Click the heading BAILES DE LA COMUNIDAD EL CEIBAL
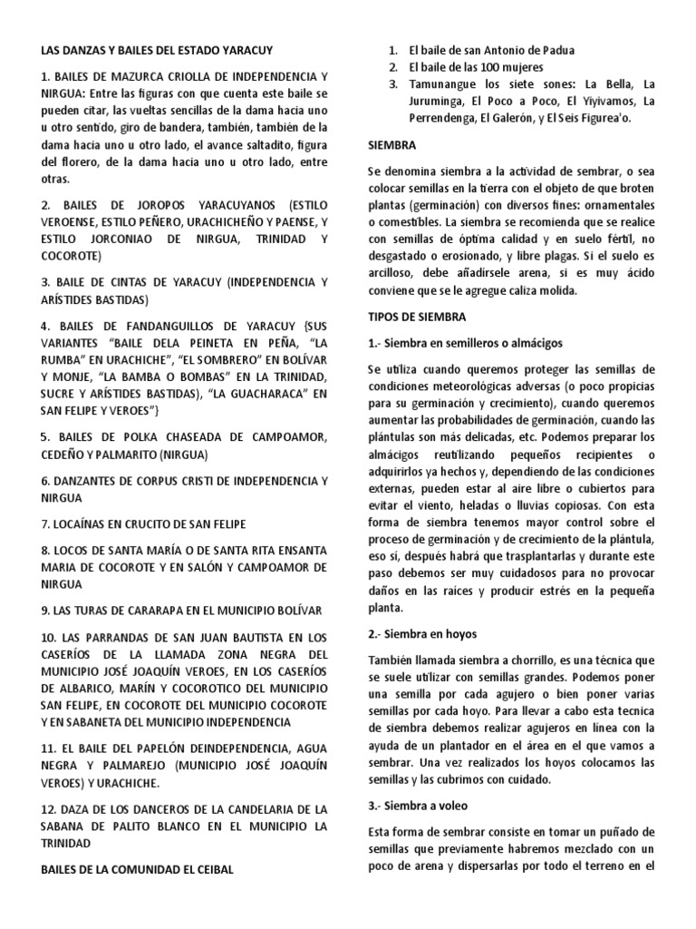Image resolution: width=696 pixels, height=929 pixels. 137,869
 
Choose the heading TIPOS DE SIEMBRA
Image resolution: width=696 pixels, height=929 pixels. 417,317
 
